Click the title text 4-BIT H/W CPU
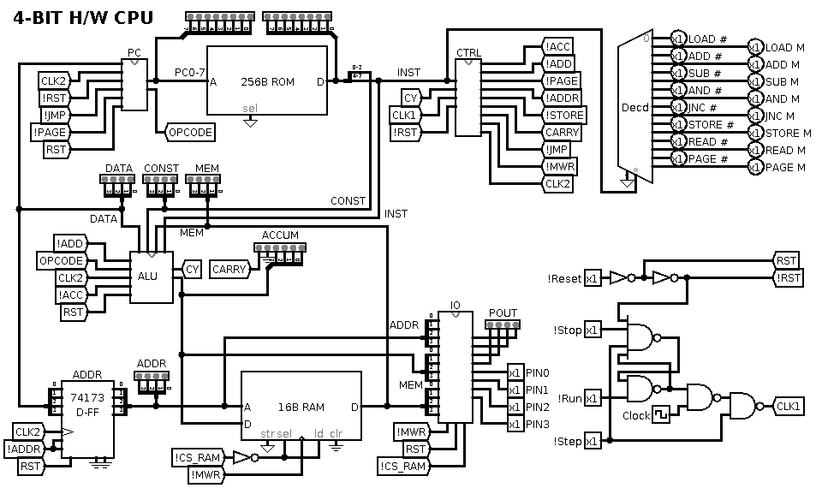coord(77,18)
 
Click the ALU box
coord(151,277)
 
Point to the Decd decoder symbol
coord(634,107)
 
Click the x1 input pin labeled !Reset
coord(593,278)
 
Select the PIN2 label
coord(537,407)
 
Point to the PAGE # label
coord(707,158)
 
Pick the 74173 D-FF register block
coord(87,407)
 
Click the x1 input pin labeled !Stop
coord(593,330)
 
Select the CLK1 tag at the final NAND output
coord(788,406)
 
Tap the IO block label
coord(455,305)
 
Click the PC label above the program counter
coord(134,53)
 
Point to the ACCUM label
coord(280,235)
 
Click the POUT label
coord(503,312)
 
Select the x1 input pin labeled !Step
coord(593,441)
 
